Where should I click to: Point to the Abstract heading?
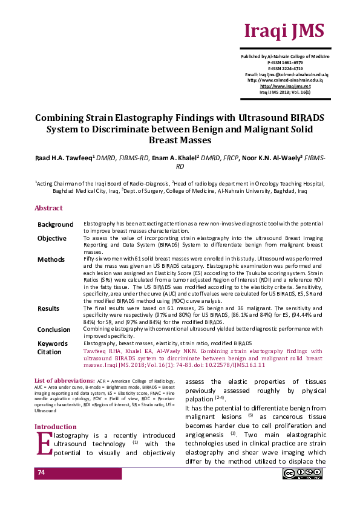(48, 208)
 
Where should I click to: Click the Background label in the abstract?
(56, 225)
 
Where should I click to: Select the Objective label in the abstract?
(52, 239)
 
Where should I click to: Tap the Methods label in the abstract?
(51, 259)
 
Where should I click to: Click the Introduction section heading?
(56, 427)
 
